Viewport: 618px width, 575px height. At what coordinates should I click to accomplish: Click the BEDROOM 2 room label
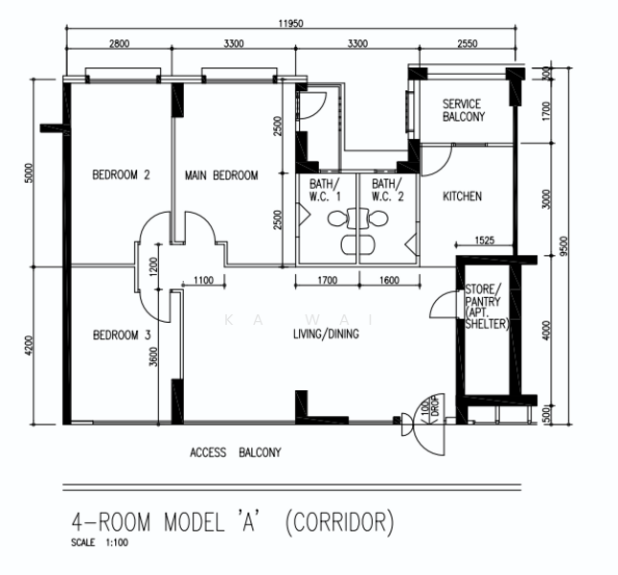click(x=121, y=174)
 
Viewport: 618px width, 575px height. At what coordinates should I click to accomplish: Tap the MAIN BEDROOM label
click(x=221, y=175)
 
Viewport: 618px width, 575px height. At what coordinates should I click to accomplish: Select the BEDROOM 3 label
click(x=122, y=335)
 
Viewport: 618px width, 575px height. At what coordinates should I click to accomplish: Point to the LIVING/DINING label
click(x=326, y=334)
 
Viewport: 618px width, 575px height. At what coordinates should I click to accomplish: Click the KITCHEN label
click(x=463, y=196)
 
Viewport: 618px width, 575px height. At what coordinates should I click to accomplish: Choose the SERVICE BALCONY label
click(x=464, y=110)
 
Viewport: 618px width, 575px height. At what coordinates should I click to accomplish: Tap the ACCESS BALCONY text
click(x=236, y=452)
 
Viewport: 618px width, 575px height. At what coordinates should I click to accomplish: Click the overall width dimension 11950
click(x=291, y=23)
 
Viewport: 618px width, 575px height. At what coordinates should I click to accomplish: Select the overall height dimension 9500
click(x=564, y=246)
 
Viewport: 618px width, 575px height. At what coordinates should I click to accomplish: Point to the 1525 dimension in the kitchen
click(x=485, y=240)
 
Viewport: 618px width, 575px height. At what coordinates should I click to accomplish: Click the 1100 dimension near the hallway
click(x=204, y=280)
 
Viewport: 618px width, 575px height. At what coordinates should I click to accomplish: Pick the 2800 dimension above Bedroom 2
click(x=119, y=43)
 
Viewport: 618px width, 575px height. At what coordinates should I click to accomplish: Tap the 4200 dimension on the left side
click(x=29, y=346)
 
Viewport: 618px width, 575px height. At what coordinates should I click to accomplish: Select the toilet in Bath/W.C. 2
click(x=374, y=218)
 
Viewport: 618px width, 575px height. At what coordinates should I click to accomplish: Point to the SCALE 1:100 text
click(x=100, y=542)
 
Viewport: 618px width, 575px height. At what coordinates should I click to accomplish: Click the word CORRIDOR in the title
click(x=339, y=521)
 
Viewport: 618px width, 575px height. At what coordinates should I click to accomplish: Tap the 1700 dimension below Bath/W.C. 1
click(x=328, y=280)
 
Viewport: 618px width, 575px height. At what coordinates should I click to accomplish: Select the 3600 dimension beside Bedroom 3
click(x=153, y=356)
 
